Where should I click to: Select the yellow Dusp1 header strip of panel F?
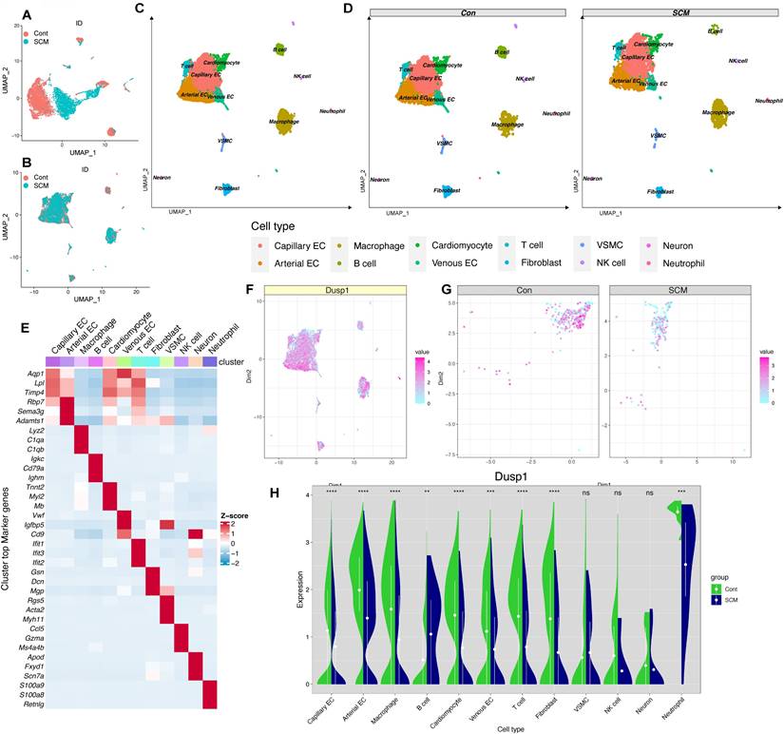click(336, 290)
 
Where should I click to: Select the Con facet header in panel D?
click(466, 13)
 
